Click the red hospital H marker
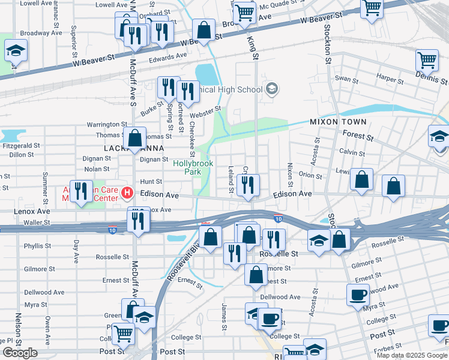[x=127, y=193]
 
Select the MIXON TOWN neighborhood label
[x=334, y=121]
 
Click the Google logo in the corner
[x=20, y=353]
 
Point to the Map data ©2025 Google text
[x=412, y=355]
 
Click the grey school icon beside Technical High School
[x=272, y=89]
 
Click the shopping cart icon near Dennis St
[x=426, y=59]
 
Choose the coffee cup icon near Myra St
[x=358, y=295]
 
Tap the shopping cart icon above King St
[x=244, y=11]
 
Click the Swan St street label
[x=346, y=79]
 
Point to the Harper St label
[x=390, y=78]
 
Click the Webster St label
[x=205, y=112]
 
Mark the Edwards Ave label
[x=168, y=58]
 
